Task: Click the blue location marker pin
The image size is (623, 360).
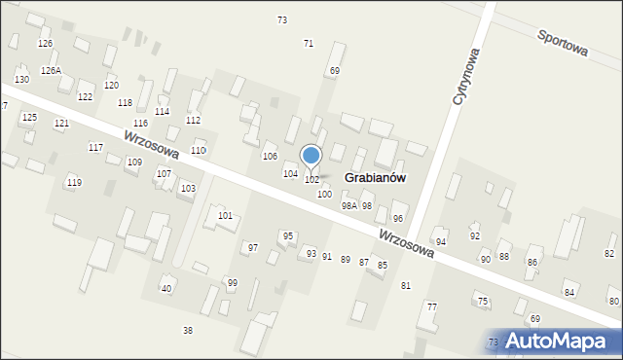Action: coord(311,156)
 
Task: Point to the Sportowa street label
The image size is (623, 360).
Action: coord(564,43)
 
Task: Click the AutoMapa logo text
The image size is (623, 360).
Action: coord(563,342)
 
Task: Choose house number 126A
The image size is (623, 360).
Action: coord(51,71)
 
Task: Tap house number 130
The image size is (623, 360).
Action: coord(21,79)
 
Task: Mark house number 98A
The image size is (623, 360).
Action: coord(348,206)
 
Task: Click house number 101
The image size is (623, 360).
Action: coord(225,215)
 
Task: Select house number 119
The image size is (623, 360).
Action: coord(74,183)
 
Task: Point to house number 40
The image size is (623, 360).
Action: coord(166,288)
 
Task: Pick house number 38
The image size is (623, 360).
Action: coord(188,331)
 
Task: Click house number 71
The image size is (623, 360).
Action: coord(309,44)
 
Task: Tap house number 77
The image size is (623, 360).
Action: coord(431,306)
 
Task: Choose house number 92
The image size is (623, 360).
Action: coord(475,235)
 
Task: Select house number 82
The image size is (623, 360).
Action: coord(609,254)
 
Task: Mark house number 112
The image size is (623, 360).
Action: coord(193,120)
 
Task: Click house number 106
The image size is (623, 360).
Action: coord(270,157)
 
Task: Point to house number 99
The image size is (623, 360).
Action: coord(232,282)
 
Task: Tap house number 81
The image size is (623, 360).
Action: coord(406,285)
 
